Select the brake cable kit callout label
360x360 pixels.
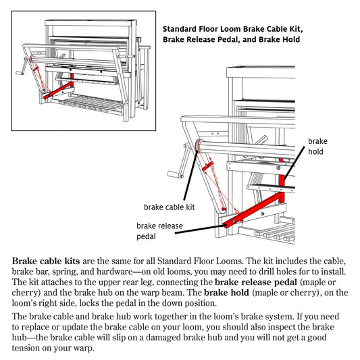coord(169,207)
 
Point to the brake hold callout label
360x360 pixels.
coord(317,146)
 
